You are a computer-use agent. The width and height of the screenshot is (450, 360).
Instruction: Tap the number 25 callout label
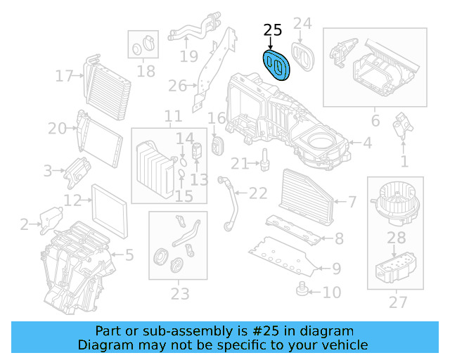click(272, 30)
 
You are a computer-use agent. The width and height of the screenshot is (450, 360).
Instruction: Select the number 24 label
click(302, 25)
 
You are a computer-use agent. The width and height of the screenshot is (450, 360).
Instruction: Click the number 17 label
click(65, 75)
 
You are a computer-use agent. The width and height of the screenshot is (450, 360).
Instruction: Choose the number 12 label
click(73, 200)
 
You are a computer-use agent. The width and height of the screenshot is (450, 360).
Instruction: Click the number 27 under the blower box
click(398, 303)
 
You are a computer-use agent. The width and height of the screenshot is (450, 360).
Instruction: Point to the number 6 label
click(375, 121)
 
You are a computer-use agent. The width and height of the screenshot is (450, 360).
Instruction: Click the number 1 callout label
click(404, 162)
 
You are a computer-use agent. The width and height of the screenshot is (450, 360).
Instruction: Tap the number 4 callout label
click(367, 143)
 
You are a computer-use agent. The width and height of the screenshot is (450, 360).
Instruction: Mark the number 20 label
click(57, 128)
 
